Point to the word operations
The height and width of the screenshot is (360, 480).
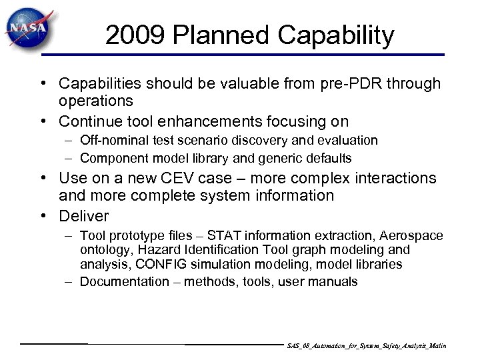(x=96, y=101)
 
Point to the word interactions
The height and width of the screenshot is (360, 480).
(x=393, y=179)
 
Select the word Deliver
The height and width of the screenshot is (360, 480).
(x=84, y=216)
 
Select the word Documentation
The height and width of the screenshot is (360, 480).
(x=125, y=282)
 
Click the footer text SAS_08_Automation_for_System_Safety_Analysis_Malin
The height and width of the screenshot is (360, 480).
(x=366, y=347)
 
